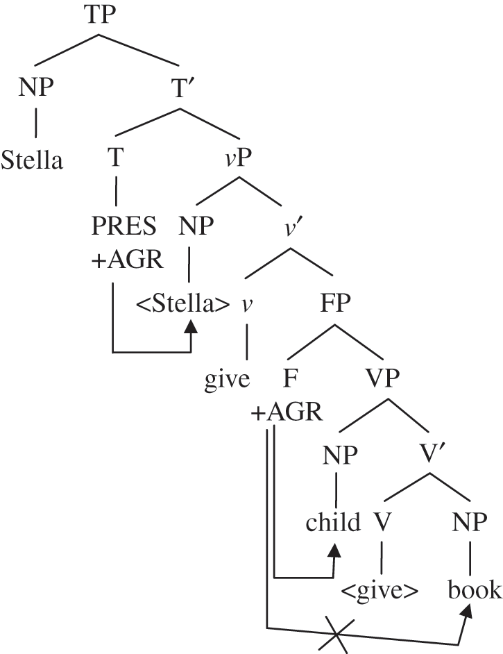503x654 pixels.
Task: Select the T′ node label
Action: pyautogui.click(x=180, y=88)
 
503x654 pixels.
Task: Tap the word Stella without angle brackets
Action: pyautogui.click(x=32, y=160)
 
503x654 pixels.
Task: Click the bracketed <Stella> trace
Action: pyautogui.click(x=182, y=303)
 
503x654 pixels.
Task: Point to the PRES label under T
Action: pyautogui.click(x=123, y=226)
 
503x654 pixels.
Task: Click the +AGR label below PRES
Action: pyautogui.click(x=127, y=260)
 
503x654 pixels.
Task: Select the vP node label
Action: pyautogui.click(x=239, y=158)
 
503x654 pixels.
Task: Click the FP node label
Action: pyautogui.click(x=336, y=303)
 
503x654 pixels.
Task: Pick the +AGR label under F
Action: pyautogui.click(x=287, y=412)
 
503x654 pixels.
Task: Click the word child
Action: pyautogui.click(x=333, y=522)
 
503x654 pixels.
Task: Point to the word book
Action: pyautogui.click(x=475, y=590)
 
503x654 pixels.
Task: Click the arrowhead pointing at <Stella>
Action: pyautogui.click(x=191, y=326)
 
